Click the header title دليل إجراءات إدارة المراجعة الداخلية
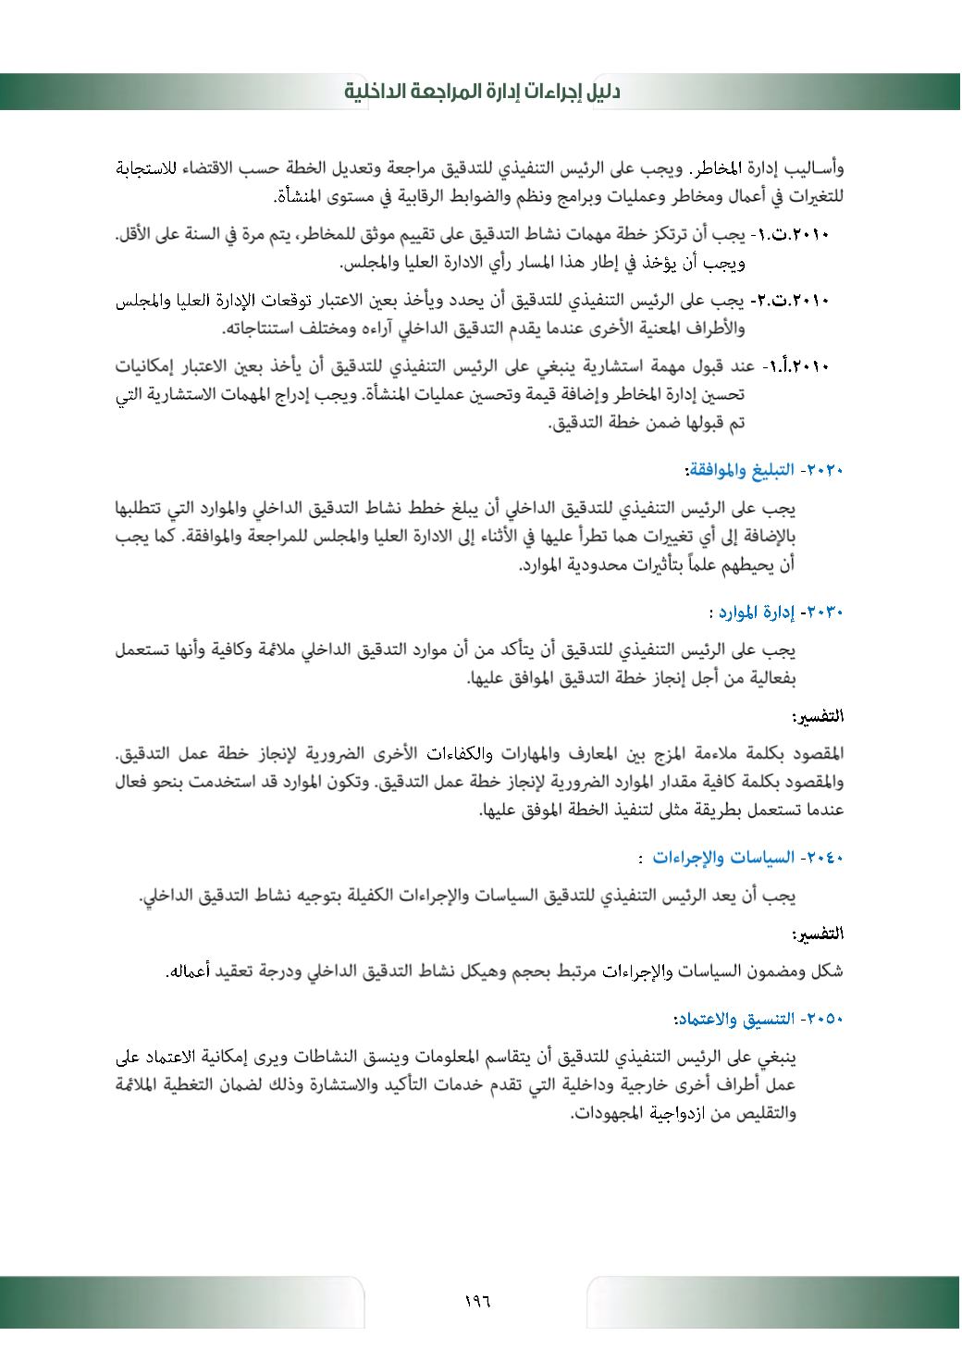click(481, 92)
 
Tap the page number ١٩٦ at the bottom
click(477, 1301)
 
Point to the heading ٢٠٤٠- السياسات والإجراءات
click(748, 858)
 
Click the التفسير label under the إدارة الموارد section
click(819, 717)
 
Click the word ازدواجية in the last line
click(680, 1113)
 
